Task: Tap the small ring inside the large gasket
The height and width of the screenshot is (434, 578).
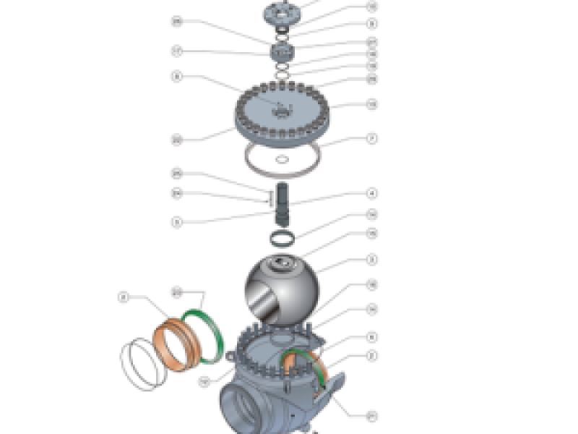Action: pyautogui.click(x=282, y=160)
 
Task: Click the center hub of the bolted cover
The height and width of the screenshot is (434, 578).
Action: pyautogui.click(x=282, y=111)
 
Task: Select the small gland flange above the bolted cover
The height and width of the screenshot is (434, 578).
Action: pyautogui.click(x=282, y=53)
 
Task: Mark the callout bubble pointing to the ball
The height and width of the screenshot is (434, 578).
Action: pyautogui.click(x=372, y=260)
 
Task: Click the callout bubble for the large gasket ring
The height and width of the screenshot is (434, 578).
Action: pyautogui.click(x=372, y=138)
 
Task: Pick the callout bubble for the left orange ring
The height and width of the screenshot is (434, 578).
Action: pyautogui.click(x=124, y=297)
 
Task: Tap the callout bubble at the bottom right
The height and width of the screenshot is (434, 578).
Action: pyautogui.click(x=372, y=415)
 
